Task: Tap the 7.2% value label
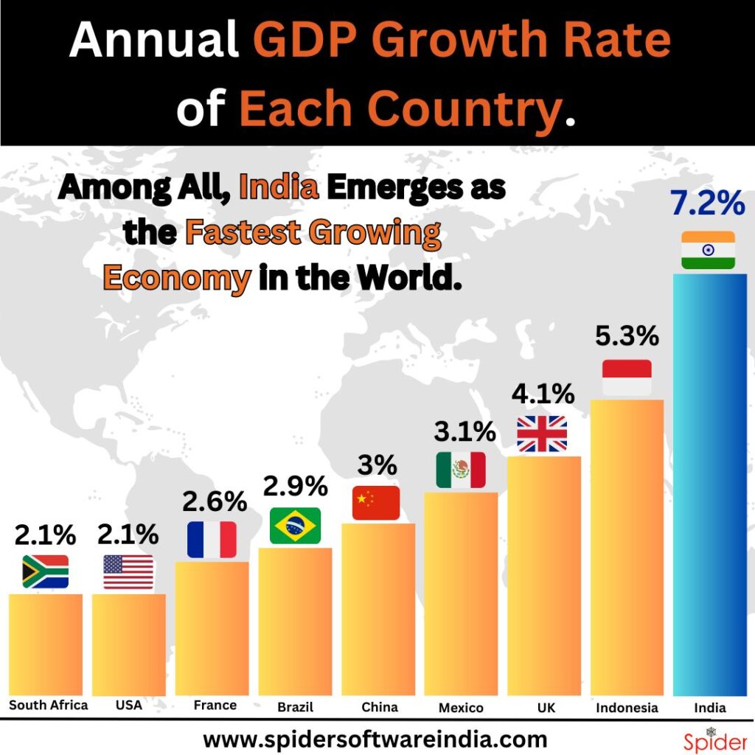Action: (x=707, y=204)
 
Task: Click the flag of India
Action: (x=708, y=250)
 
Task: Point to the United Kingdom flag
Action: (x=542, y=434)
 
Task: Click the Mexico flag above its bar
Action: (x=461, y=470)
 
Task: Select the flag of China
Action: (x=376, y=503)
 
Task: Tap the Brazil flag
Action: (x=295, y=526)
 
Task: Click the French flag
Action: (x=212, y=540)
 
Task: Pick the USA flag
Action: (x=128, y=572)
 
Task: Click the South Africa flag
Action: (x=45, y=571)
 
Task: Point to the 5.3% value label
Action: (x=627, y=336)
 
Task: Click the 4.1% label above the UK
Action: (x=543, y=394)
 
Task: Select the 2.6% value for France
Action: (x=214, y=503)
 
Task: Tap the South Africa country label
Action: (x=48, y=705)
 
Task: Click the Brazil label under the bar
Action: (x=295, y=707)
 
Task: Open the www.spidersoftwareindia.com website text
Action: (x=375, y=739)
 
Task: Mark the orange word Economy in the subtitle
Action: (x=176, y=278)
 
